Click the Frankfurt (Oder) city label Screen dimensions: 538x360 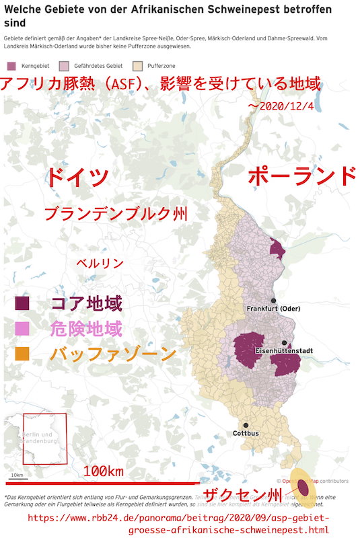(273, 309)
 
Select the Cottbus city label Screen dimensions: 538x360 (246, 434)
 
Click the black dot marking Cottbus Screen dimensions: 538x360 (246, 425)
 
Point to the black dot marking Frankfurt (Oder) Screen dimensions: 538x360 (273, 301)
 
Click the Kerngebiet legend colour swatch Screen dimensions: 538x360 (11, 66)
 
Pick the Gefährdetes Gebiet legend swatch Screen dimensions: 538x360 (64, 66)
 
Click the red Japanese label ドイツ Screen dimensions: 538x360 (77, 178)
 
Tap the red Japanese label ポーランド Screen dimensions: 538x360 (301, 177)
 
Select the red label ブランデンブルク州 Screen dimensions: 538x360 (115, 215)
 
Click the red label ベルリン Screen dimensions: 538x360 (99, 263)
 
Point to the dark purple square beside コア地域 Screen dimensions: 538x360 (23, 304)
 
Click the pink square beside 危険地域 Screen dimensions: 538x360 (23, 329)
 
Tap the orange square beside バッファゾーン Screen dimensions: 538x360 (23, 354)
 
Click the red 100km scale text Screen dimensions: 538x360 (104, 471)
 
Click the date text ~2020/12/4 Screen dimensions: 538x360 (276, 107)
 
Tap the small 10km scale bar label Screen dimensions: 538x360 (16, 476)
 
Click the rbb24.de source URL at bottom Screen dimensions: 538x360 (179, 525)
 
